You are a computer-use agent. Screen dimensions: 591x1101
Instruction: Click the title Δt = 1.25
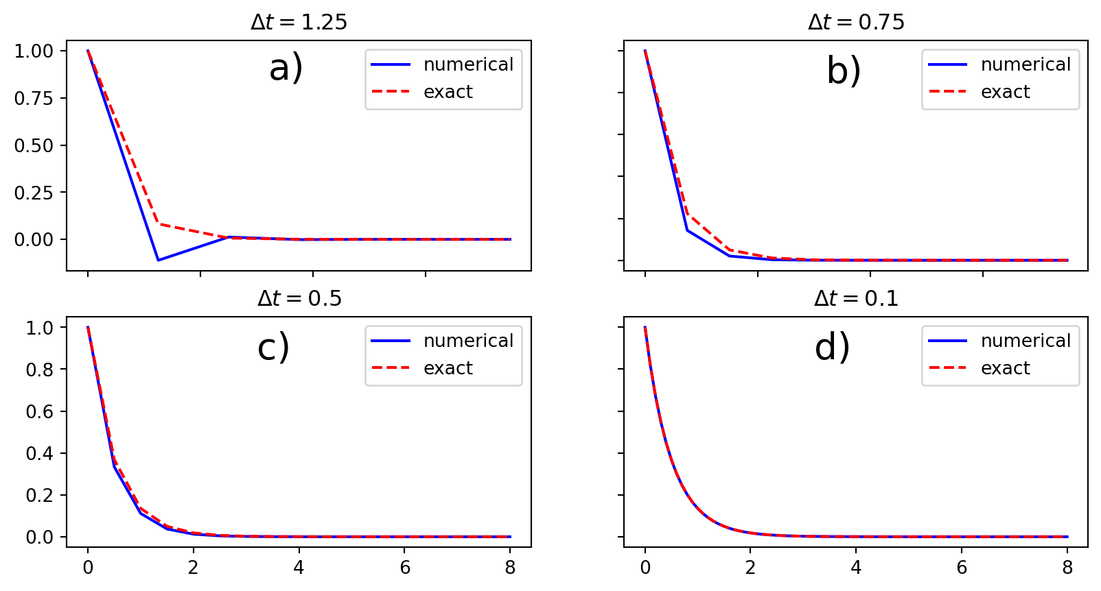point(299,22)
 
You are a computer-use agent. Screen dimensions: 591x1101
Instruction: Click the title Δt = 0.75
point(856,22)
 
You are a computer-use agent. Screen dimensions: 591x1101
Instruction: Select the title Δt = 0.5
point(299,298)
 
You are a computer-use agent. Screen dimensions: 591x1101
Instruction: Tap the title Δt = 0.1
point(856,298)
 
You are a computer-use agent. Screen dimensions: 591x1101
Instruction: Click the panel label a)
point(286,69)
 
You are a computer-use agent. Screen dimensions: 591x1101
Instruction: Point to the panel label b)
point(844,71)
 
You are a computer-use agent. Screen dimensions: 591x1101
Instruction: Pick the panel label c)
point(273,347)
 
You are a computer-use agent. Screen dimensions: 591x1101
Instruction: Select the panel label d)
point(832,347)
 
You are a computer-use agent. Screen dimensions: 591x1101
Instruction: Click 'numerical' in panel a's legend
point(468,64)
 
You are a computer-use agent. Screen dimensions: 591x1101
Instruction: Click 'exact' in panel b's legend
point(1005,92)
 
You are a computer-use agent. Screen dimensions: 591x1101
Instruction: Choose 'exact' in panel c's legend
point(448,368)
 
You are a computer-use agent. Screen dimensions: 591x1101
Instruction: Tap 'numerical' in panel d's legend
point(1025,341)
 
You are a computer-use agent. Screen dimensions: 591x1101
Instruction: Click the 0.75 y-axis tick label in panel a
point(34,98)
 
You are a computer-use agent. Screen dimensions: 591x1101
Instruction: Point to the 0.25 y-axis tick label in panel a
point(34,193)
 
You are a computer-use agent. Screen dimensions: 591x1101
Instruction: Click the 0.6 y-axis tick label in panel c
point(39,411)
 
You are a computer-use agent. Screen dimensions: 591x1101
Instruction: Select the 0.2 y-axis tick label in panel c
point(39,495)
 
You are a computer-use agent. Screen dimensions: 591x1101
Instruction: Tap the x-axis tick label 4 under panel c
point(299,567)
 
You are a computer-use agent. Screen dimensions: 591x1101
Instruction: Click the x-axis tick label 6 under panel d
point(962,567)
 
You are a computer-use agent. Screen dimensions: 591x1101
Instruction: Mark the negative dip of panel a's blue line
point(159,260)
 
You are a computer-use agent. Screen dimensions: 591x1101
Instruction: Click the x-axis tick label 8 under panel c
point(510,567)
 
